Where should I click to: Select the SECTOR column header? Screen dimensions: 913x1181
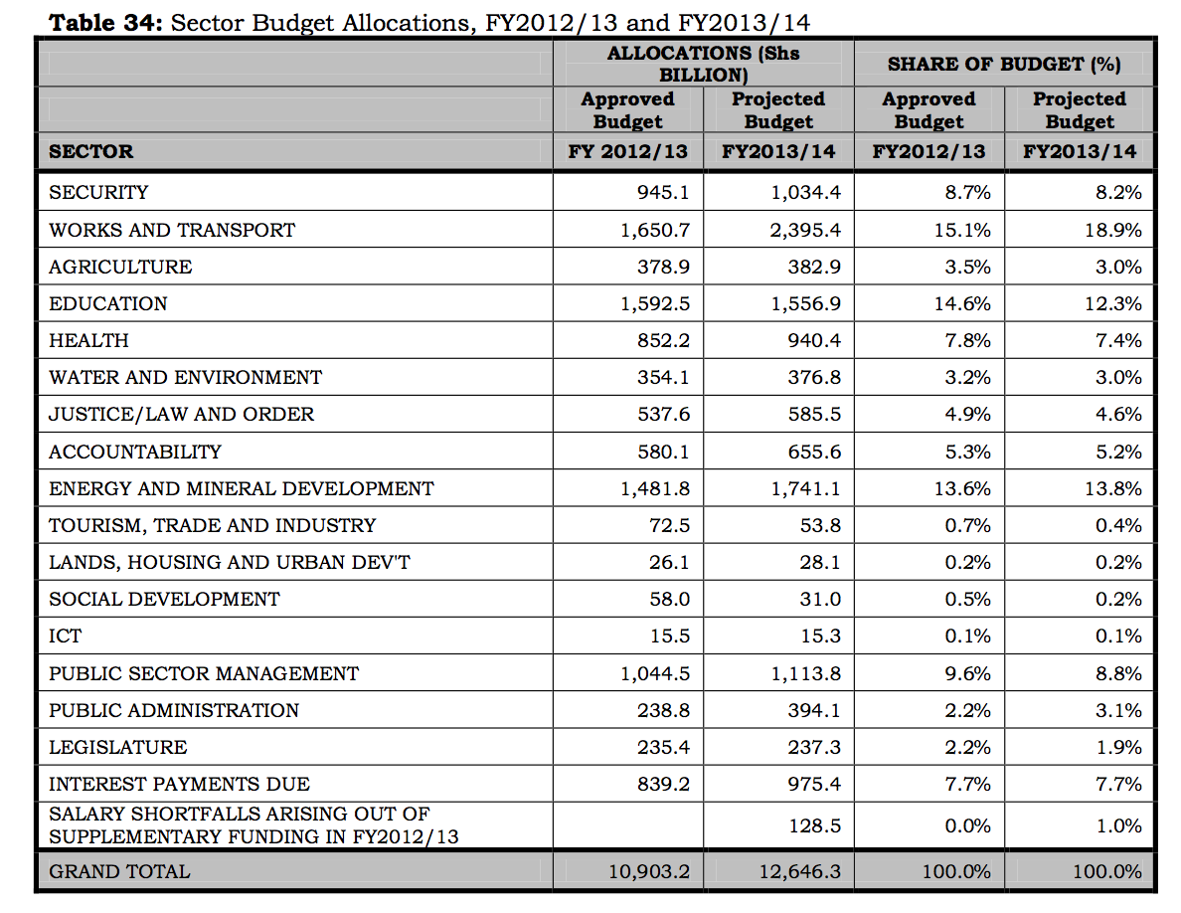[x=90, y=152]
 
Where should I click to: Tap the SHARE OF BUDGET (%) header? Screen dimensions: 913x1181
[x=1004, y=64]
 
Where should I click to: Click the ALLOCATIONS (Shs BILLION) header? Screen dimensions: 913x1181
[x=703, y=64]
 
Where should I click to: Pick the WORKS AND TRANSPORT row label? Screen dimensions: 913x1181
[x=172, y=230]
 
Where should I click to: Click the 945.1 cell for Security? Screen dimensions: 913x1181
[x=663, y=192]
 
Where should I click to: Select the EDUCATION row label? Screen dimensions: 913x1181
[x=108, y=303]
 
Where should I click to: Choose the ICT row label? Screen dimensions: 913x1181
[x=66, y=637]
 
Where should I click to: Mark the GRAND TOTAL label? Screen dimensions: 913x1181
[x=119, y=872]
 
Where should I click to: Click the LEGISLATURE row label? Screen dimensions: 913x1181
[x=118, y=747]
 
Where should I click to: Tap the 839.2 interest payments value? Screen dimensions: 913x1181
[x=663, y=784]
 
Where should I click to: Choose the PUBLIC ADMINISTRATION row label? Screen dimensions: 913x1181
[x=174, y=710]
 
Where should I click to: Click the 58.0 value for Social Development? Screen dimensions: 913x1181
[x=669, y=599]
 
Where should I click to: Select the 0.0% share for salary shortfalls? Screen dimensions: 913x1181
[x=967, y=826]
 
